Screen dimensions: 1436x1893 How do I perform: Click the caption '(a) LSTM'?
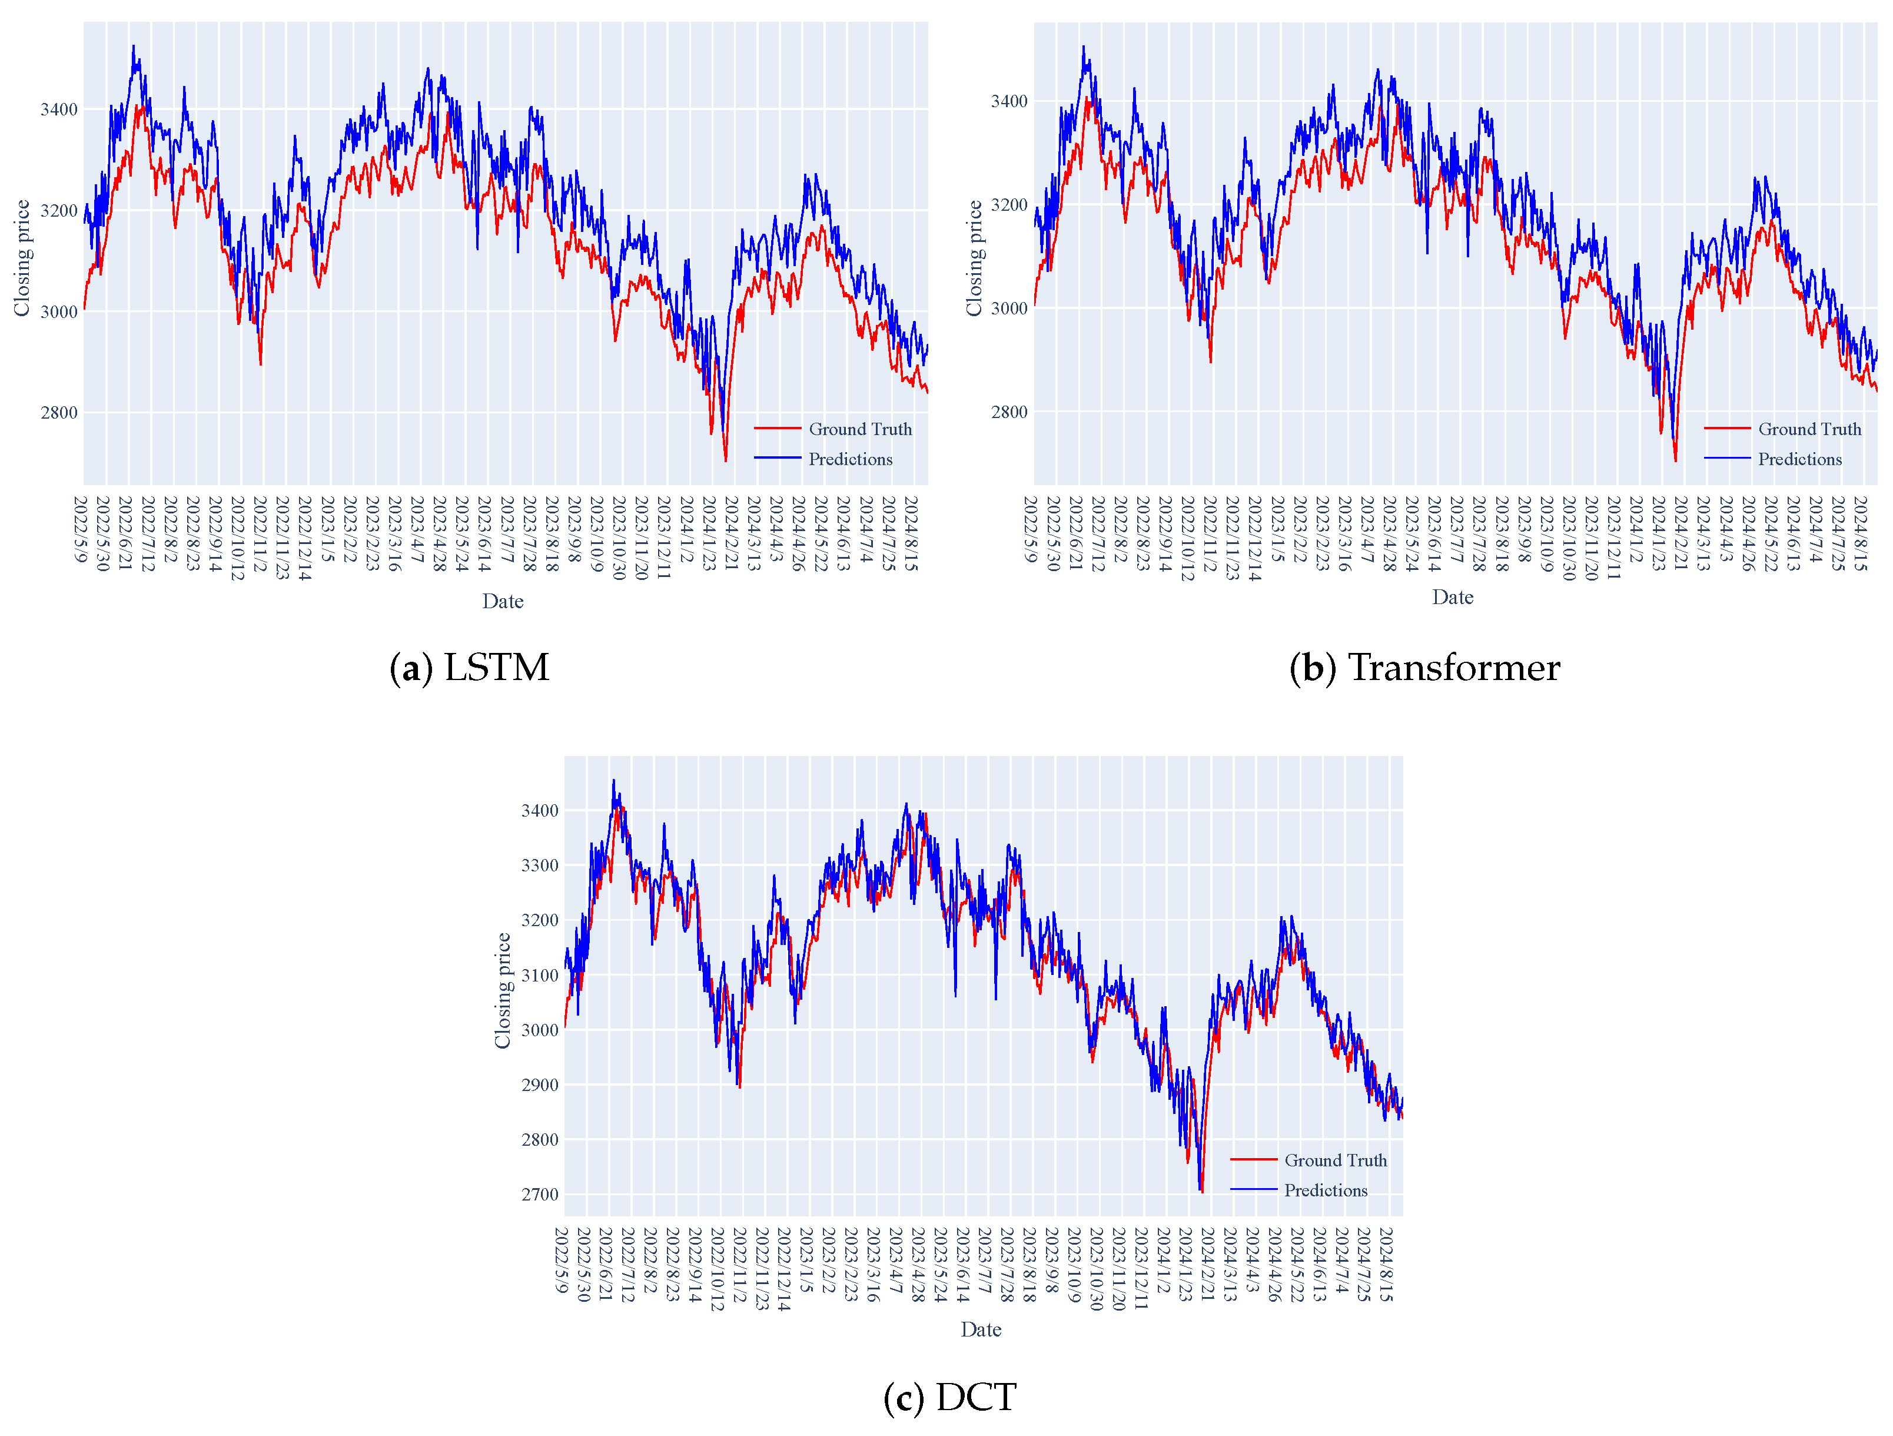(469, 668)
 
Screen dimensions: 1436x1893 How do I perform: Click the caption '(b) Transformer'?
(1424, 668)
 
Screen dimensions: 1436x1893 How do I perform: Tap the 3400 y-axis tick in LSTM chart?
(58, 110)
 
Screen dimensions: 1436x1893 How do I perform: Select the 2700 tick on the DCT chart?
(539, 1195)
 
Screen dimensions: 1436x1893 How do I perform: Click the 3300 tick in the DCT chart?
(539, 866)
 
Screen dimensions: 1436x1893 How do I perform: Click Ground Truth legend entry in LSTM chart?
(859, 429)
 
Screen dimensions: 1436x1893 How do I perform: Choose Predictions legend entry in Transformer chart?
(1799, 459)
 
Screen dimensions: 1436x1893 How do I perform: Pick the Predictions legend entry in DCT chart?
(1325, 1190)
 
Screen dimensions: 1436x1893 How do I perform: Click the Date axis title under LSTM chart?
(502, 601)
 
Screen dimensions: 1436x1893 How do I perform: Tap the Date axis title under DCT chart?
(980, 1329)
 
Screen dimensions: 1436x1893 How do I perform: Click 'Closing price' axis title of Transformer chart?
(974, 258)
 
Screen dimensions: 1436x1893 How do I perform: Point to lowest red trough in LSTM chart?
(726, 461)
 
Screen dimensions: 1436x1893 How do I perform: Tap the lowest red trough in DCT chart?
(1201, 1191)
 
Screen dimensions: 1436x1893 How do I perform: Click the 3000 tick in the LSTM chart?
(58, 311)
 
